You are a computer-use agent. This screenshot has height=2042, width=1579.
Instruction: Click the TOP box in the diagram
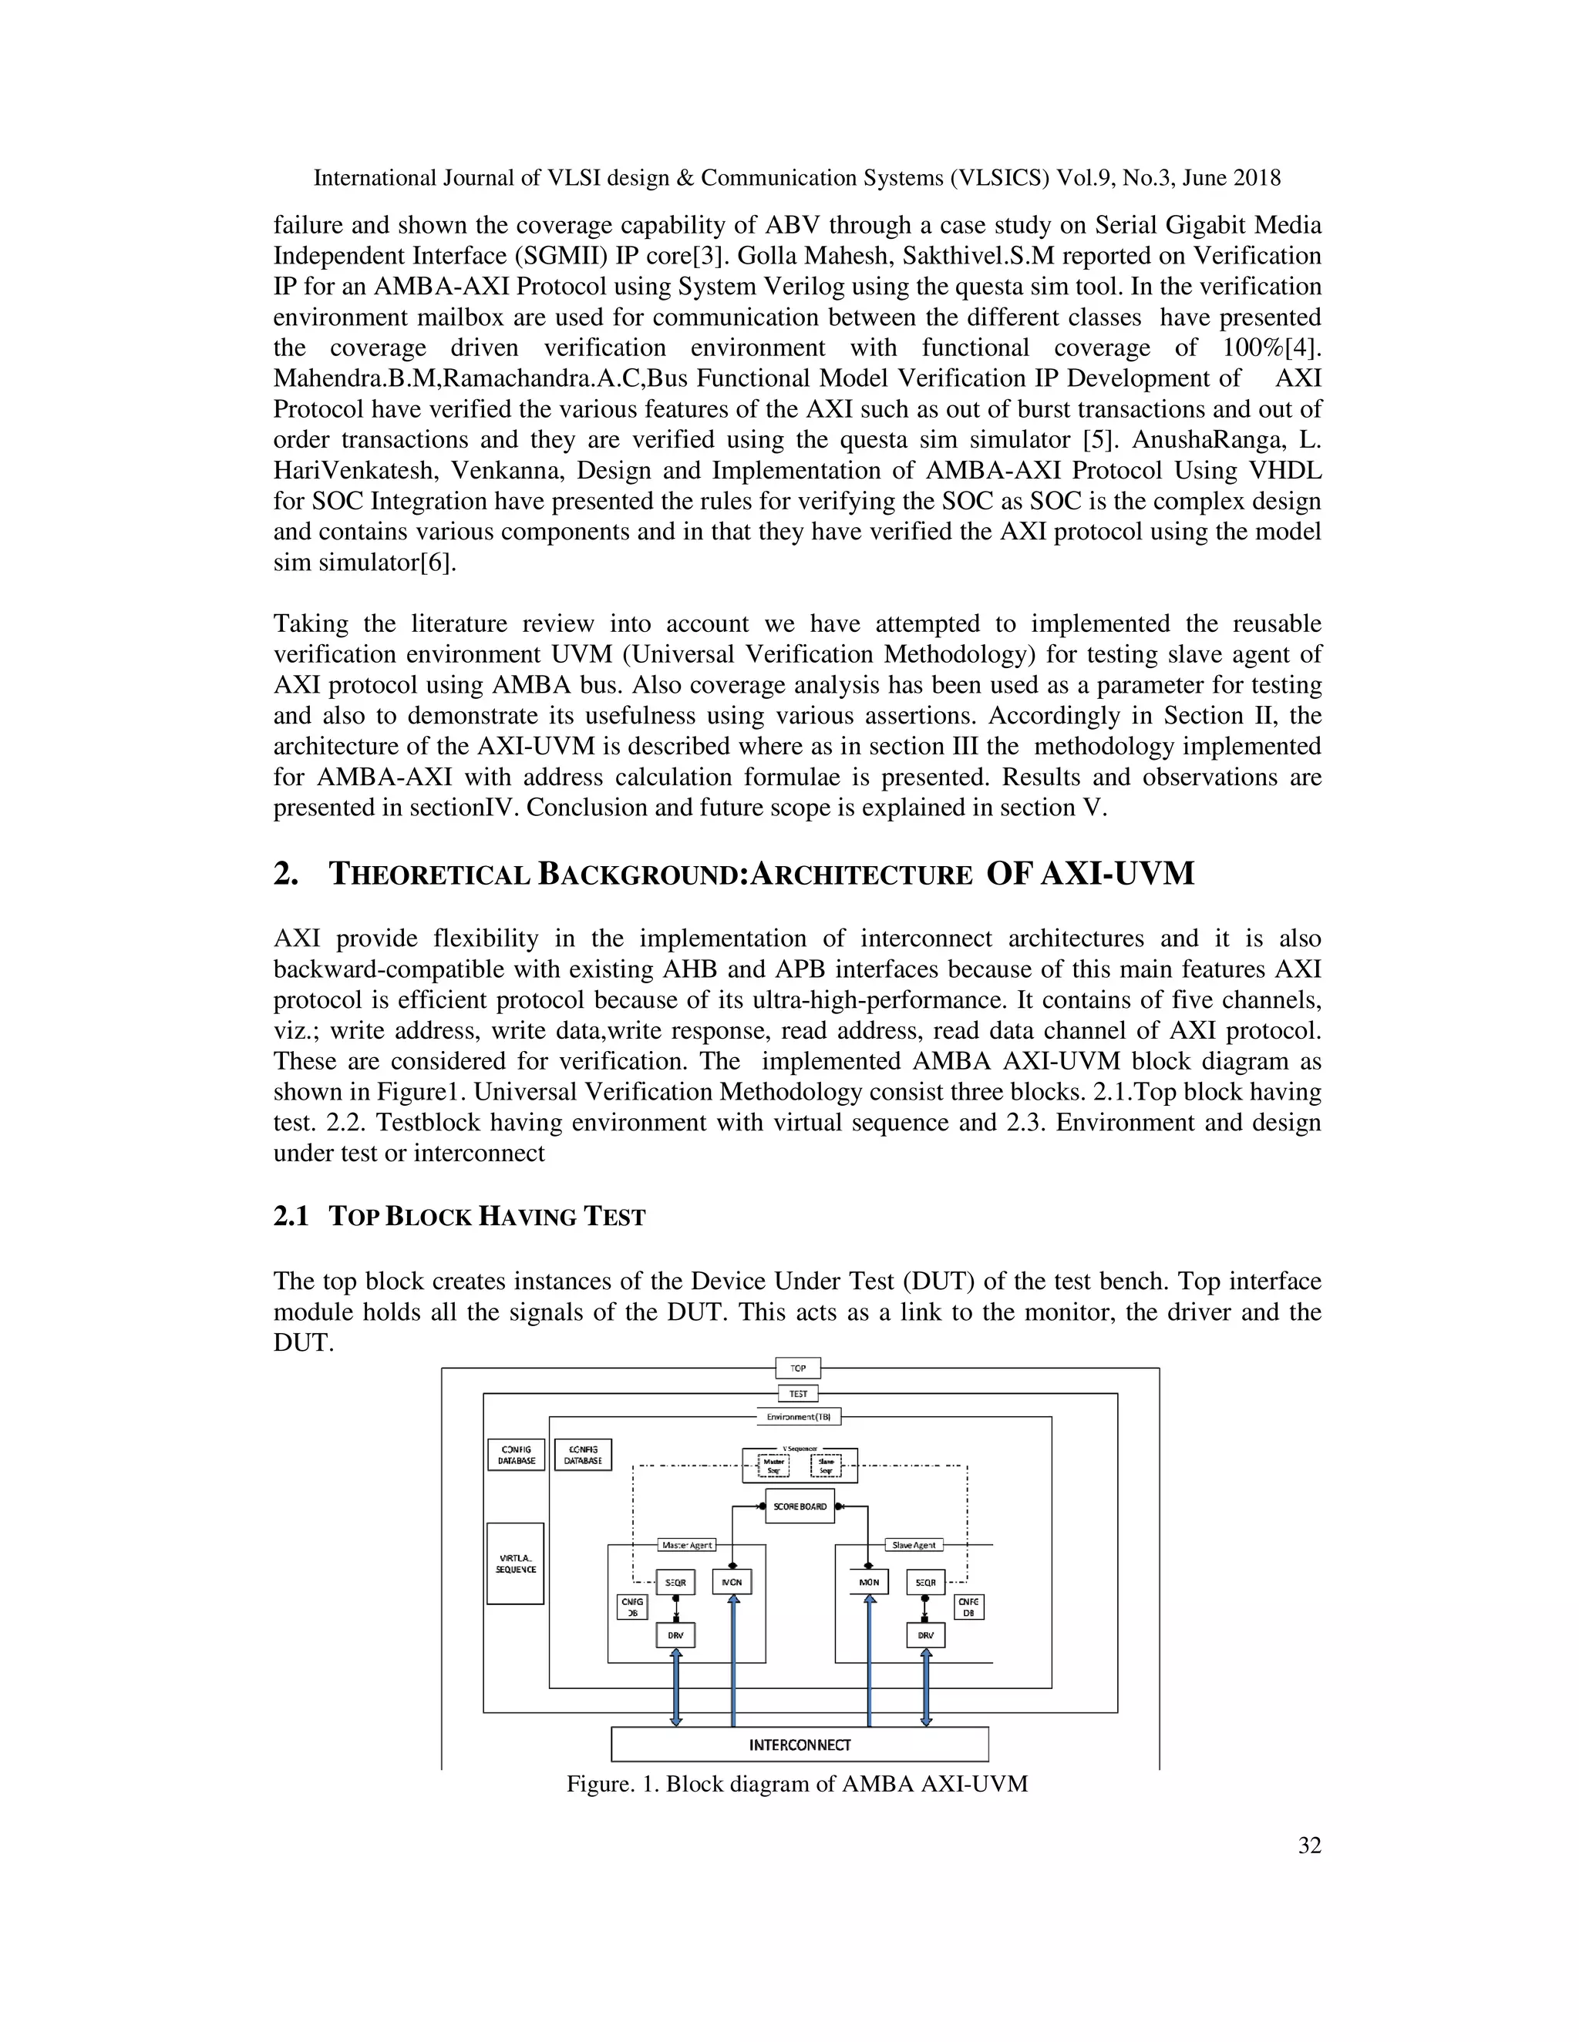[x=798, y=1368]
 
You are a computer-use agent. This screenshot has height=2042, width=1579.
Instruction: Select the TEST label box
[x=798, y=1393]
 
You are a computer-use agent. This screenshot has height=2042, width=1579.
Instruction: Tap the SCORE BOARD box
[x=800, y=1506]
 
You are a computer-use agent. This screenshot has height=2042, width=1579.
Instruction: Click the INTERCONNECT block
[x=800, y=1745]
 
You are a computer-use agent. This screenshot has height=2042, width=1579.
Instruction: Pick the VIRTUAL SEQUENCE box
[x=516, y=1563]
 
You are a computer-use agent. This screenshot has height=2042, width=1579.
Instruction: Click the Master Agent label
[x=687, y=1544]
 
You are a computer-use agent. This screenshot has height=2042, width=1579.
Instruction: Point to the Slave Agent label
[x=914, y=1544]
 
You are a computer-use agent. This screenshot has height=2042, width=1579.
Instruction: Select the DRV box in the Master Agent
[x=675, y=1635]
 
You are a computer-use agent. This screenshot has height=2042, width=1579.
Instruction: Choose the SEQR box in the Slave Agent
[x=925, y=1582]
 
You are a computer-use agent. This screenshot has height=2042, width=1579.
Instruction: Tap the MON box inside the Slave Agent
[x=869, y=1582]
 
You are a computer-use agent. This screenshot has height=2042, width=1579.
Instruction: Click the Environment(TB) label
[x=798, y=1416]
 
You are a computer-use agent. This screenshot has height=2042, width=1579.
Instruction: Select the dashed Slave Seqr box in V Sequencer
[x=826, y=1466]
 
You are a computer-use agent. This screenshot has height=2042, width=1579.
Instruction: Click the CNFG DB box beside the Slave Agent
[x=968, y=1607]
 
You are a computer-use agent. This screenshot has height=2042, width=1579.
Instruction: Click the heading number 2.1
[x=291, y=1217]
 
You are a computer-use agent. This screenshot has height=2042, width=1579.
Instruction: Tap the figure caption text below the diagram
[x=797, y=1784]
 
